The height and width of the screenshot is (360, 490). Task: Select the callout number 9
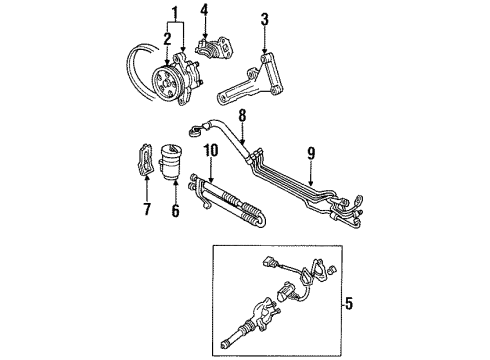[x=311, y=155]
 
